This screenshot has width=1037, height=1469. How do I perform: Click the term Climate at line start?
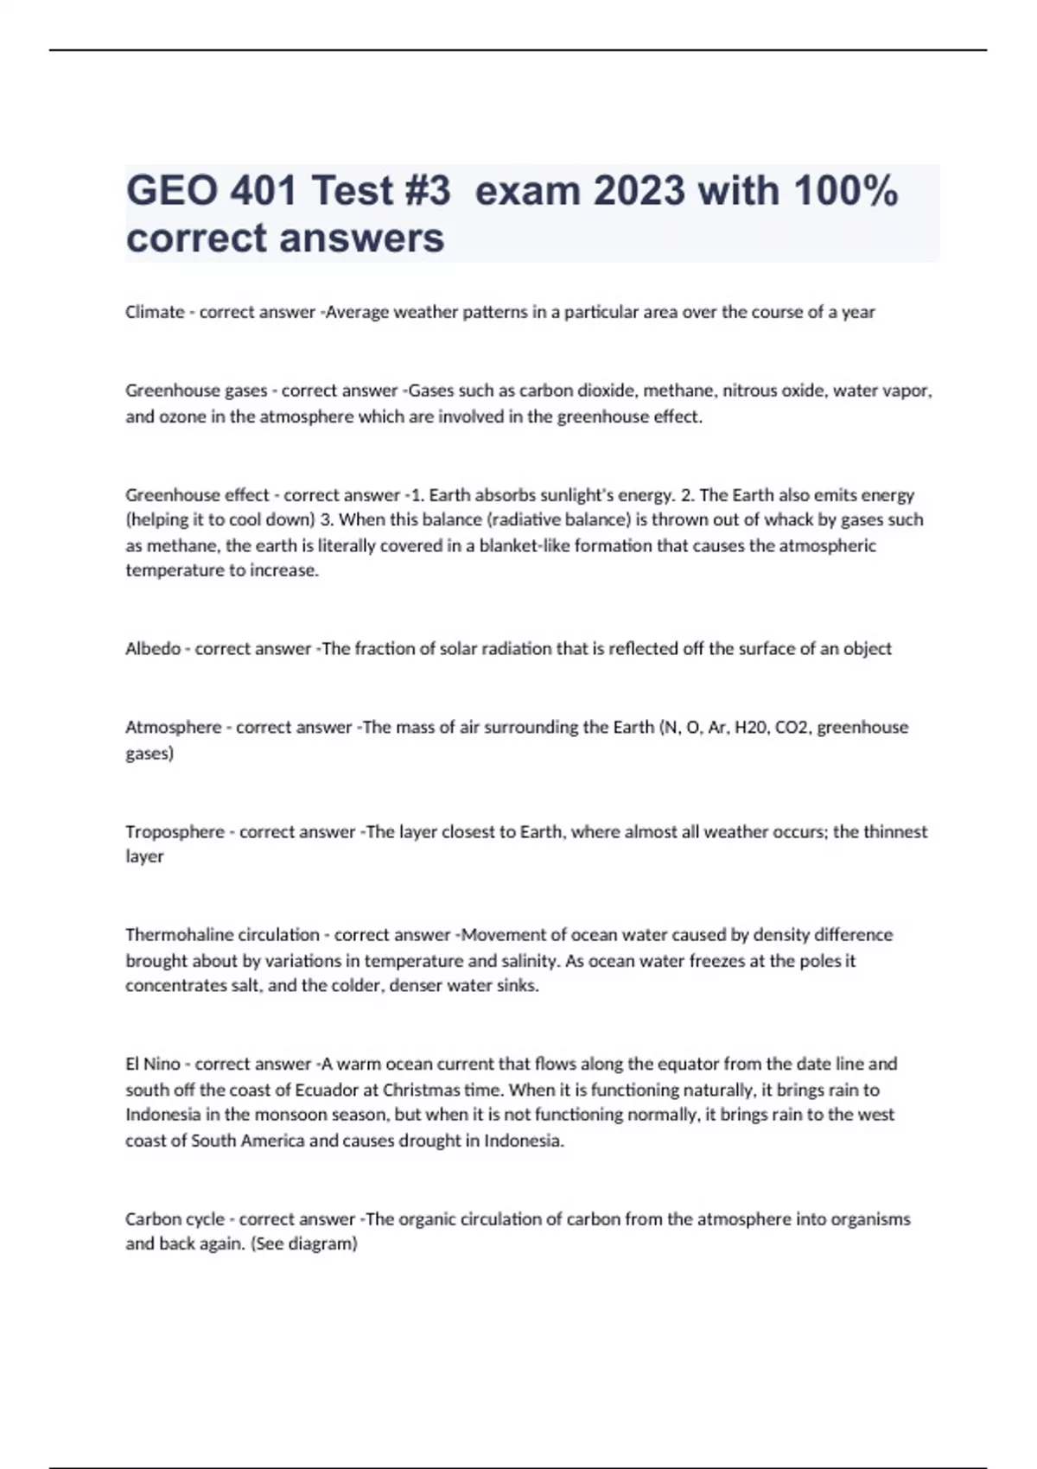tap(155, 312)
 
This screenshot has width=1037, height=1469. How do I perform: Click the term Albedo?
tap(153, 649)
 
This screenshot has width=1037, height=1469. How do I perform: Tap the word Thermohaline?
tap(179, 935)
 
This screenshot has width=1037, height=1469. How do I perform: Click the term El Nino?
tap(153, 1065)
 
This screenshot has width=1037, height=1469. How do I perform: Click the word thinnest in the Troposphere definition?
tap(895, 832)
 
